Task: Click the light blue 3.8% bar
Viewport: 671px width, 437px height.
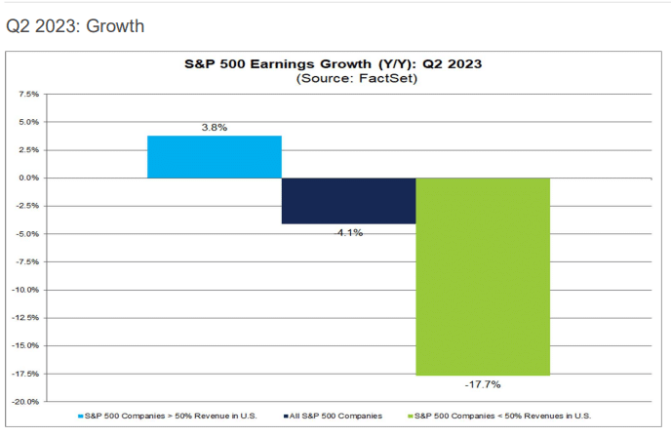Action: (x=215, y=156)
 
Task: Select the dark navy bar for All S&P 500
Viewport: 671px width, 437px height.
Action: (x=348, y=201)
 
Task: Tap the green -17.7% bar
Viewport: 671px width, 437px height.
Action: (x=483, y=276)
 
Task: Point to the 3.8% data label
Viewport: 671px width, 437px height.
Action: (x=215, y=128)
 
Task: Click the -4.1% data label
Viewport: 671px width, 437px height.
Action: (x=348, y=233)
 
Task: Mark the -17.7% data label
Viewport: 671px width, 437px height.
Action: (x=483, y=384)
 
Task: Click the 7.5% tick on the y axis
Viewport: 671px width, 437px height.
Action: (x=28, y=95)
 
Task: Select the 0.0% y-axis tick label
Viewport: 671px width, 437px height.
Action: (x=28, y=179)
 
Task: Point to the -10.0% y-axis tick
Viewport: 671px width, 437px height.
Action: (x=25, y=290)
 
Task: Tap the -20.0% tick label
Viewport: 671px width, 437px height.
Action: (x=25, y=401)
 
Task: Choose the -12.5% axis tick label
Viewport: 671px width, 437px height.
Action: (x=25, y=318)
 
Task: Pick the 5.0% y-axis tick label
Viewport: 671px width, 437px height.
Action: (x=28, y=123)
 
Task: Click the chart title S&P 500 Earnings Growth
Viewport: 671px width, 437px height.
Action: (x=335, y=63)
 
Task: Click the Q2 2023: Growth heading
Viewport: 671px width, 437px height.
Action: (x=75, y=25)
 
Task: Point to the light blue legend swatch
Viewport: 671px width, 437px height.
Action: (x=81, y=417)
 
